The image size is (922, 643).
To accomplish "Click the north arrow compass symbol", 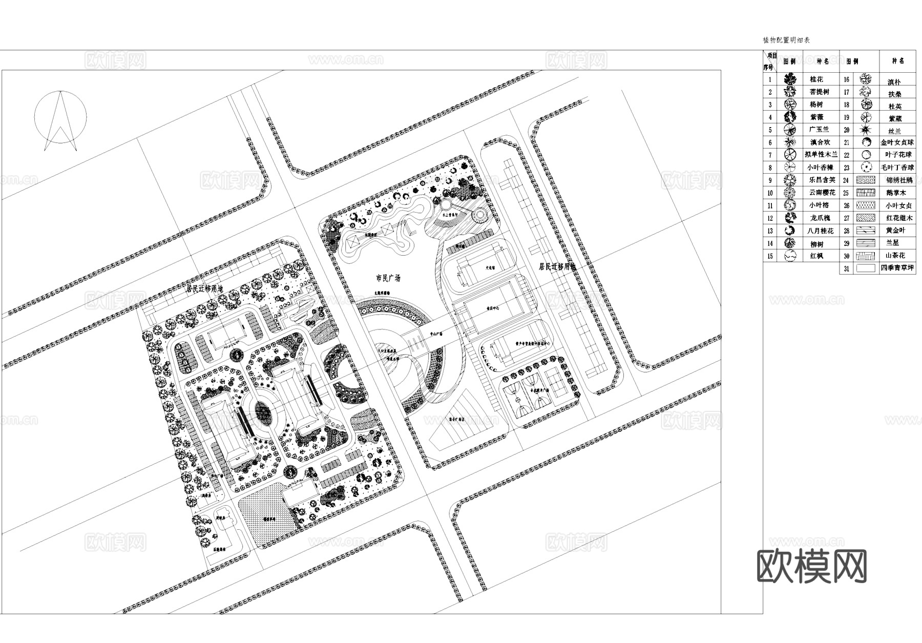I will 60,120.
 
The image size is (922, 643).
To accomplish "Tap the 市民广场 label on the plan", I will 388,278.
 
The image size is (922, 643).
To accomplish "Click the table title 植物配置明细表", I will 786,40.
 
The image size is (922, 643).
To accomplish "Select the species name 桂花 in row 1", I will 816,79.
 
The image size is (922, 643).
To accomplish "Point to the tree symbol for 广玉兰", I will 790,130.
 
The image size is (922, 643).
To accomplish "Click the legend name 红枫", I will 816,256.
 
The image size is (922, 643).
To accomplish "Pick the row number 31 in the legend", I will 846,268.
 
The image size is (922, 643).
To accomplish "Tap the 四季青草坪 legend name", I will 897,268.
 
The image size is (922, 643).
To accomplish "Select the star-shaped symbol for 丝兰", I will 866,130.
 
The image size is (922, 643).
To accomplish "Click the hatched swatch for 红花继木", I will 865,218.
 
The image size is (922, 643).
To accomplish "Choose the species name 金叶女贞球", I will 897,142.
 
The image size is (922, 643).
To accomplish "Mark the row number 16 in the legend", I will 846,79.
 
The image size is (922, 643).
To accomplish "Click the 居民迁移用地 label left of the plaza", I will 205,288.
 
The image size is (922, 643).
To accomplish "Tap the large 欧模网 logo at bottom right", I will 811,566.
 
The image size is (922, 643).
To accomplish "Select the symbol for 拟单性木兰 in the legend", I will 790,155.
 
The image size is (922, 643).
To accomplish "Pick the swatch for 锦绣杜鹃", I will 865,180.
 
